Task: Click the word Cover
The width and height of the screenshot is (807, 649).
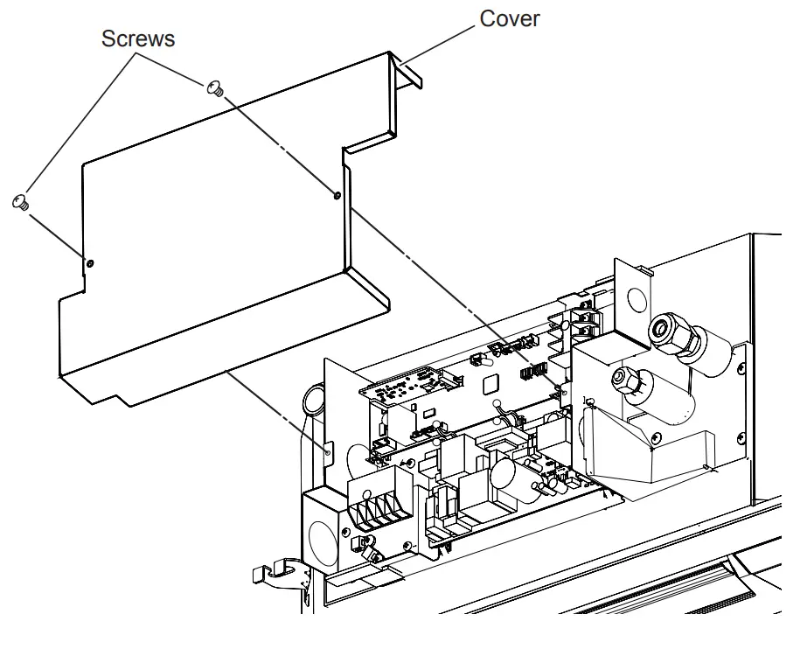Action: pyautogui.click(x=511, y=18)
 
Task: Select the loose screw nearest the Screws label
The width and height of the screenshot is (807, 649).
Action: pyautogui.click(x=214, y=87)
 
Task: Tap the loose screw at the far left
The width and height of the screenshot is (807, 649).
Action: pyautogui.click(x=21, y=203)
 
